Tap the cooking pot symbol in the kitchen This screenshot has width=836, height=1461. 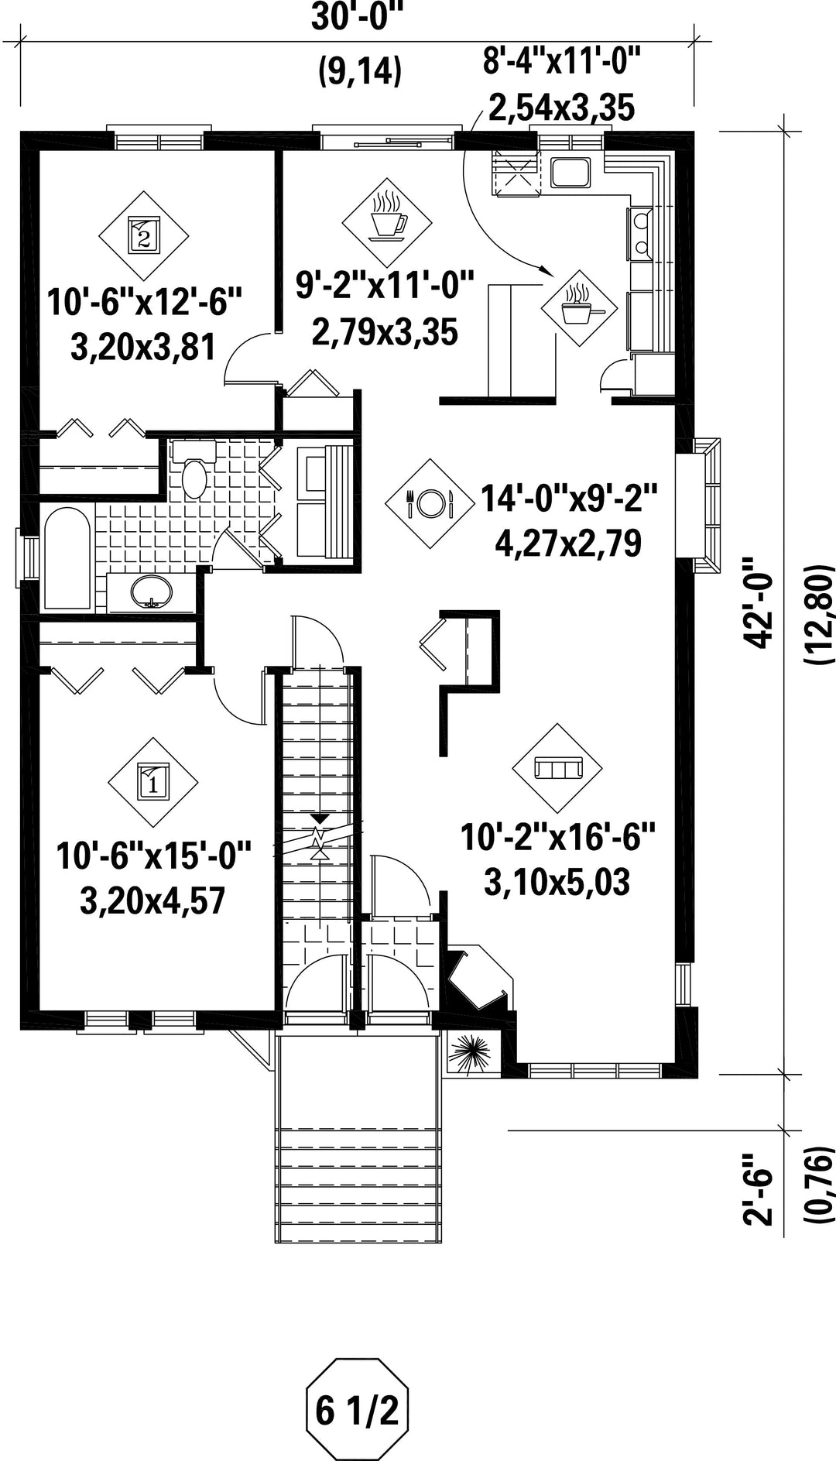(x=580, y=308)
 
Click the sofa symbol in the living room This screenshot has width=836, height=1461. (x=557, y=768)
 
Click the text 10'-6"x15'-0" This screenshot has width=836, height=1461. (x=155, y=859)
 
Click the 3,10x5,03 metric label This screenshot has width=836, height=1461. (x=557, y=883)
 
